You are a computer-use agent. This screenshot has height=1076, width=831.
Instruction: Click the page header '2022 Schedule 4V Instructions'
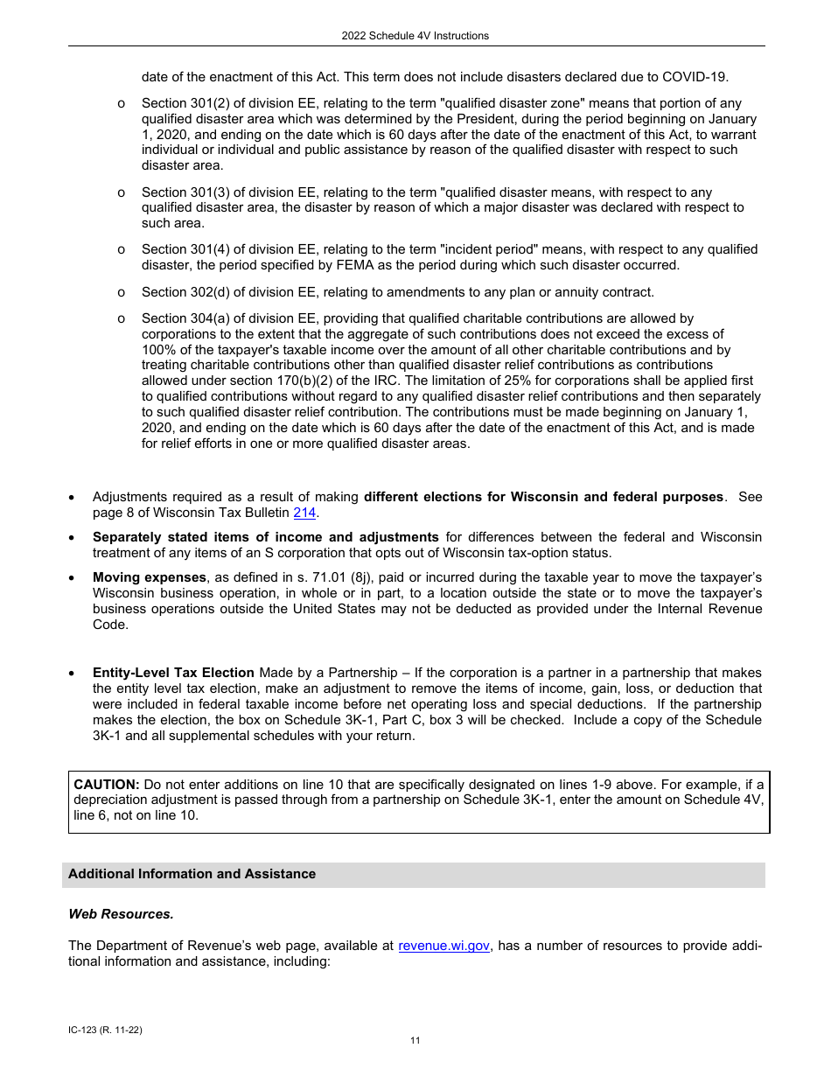coord(415,36)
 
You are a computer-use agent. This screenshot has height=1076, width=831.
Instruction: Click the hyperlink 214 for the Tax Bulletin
coord(304,513)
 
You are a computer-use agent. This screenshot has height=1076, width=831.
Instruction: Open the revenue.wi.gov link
coord(443,946)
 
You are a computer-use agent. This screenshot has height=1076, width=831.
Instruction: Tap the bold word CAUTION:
coord(106,784)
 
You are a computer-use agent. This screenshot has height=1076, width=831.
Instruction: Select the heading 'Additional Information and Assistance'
coord(192,874)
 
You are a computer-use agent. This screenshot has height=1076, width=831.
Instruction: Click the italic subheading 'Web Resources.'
coord(121,914)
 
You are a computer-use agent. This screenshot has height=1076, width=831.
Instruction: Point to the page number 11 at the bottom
coord(415,1040)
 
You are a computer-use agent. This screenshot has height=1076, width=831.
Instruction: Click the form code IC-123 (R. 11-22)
coord(105,1030)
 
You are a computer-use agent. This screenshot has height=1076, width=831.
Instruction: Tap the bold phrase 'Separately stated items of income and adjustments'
coord(266,536)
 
